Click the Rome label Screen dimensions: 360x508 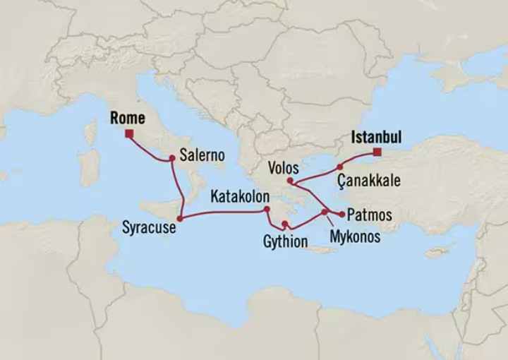coord(128,118)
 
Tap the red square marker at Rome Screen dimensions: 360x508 coord(129,132)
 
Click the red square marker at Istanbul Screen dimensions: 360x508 coord(377,152)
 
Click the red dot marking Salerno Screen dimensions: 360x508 coord(171,159)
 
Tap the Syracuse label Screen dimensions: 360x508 coord(149,227)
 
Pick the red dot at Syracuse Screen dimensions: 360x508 coord(180,219)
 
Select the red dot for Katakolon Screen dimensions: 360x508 coord(267,210)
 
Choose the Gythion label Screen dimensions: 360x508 coord(286,242)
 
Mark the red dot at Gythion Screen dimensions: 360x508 coord(284,225)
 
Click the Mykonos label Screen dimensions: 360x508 coord(354,236)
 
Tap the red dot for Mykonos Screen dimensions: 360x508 coord(325,212)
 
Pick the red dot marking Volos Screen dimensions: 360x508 coord(290,181)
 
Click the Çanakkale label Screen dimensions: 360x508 coord(369,181)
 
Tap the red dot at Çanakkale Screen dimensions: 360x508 coord(339,167)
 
